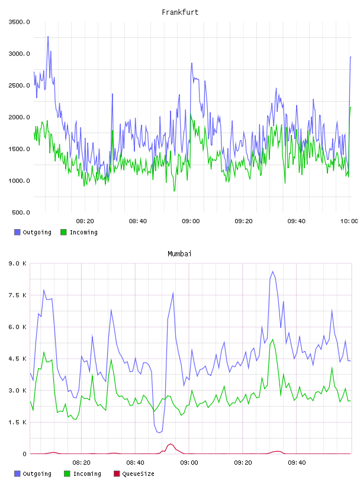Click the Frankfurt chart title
(180, 12)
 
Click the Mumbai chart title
(179, 254)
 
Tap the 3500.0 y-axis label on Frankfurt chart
(19, 22)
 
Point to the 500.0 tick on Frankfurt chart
(21, 212)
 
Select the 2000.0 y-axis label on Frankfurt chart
(19, 117)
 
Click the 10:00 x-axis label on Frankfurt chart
(349, 221)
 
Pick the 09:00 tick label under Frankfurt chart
(191, 221)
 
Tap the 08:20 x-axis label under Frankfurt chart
(85, 221)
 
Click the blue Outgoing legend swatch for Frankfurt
(17, 232)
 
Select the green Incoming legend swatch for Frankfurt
(63, 232)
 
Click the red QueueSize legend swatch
(117, 474)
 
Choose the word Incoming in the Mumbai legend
(87, 474)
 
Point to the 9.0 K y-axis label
(18, 263)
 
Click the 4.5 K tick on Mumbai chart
(18, 359)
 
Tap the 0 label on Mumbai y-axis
(25, 454)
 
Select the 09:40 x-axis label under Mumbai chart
(297, 463)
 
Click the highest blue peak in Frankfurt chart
(48, 36)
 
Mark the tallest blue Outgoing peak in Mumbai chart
(272, 271)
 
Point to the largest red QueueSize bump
(170, 444)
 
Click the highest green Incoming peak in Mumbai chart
(272, 339)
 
